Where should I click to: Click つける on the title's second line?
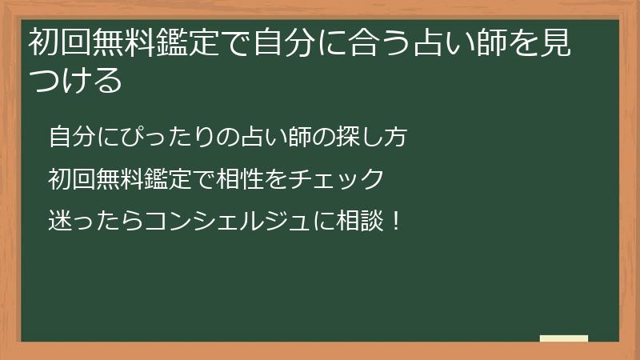[x=76, y=80]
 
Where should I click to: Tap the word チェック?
[x=344, y=178]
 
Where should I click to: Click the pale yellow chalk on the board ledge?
[x=564, y=338]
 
